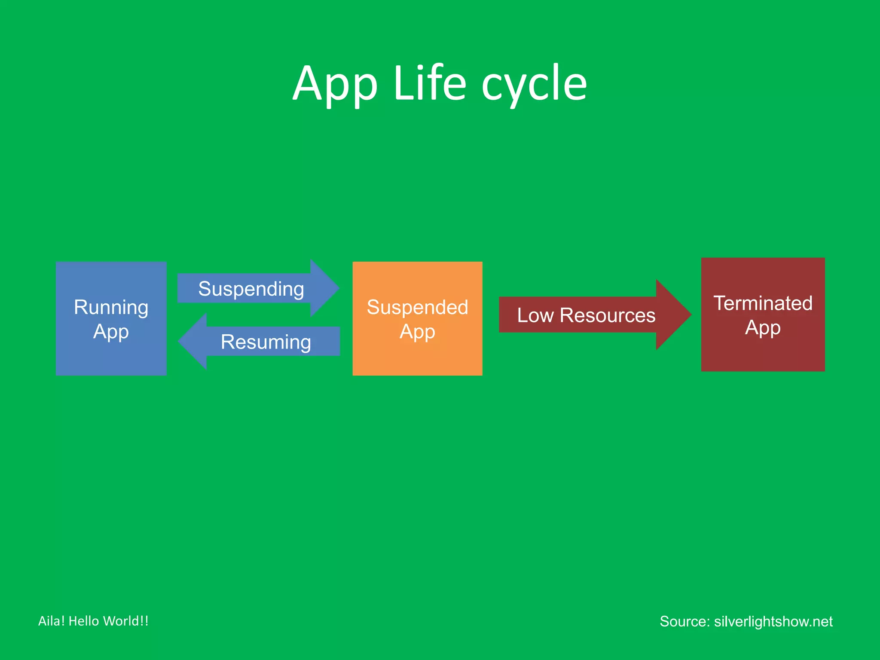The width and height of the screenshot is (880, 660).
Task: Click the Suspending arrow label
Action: pos(251,289)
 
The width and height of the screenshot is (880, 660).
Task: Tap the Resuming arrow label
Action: pos(266,342)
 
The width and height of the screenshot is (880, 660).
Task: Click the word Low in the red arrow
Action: pos(535,315)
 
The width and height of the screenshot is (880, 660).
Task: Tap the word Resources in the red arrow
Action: pos(608,315)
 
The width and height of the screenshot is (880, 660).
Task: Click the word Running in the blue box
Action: pos(111,308)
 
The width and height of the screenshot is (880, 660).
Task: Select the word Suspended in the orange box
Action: pos(417,308)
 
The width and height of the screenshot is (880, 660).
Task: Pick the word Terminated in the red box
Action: pos(763,303)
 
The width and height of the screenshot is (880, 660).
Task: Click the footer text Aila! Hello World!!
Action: pos(93,621)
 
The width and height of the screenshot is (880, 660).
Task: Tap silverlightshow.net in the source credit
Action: pos(773,621)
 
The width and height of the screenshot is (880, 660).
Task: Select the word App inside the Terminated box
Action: pos(763,328)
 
